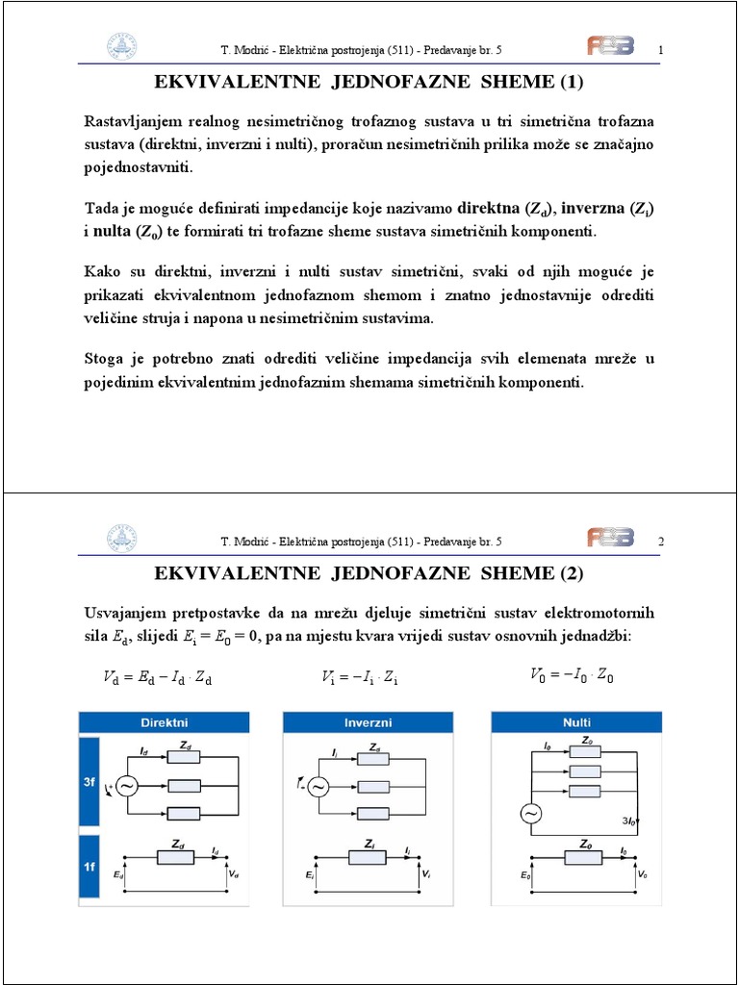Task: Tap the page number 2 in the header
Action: (x=661, y=542)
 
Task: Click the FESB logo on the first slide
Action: (x=611, y=47)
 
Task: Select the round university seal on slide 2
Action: (x=122, y=540)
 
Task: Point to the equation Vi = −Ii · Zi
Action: (x=361, y=678)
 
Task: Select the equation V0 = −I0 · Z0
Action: (x=572, y=675)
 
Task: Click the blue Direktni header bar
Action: (x=164, y=721)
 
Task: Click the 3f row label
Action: (x=89, y=783)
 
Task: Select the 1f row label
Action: (x=89, y=866)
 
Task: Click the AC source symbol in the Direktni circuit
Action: (x=127, y=786)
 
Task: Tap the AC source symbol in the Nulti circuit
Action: (x=530, y=814)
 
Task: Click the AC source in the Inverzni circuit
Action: (x=318, y=787)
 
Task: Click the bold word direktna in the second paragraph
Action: (x=489, y=209)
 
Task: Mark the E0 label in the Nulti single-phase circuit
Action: (x=524, y=876)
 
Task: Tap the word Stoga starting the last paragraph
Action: (x=105, y=360)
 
